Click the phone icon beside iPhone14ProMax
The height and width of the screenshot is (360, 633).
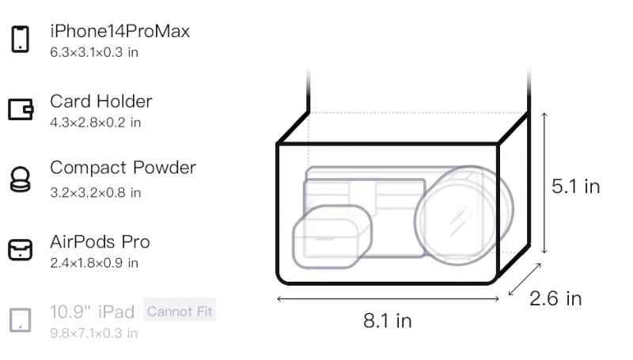[21, 39]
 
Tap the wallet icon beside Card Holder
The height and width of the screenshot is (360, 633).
[21, 109]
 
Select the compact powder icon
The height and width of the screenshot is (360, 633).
[20, 179]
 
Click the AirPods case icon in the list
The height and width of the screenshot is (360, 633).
[21, 250]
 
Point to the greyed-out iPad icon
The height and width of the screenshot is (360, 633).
[21, 320]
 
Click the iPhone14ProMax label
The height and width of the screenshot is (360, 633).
[120, 31]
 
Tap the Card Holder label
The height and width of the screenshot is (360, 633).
[101, 101]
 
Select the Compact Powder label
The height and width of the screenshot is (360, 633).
[123, 168]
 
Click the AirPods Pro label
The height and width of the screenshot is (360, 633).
[100, 242]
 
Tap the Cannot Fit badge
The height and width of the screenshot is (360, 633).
[180, 311]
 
